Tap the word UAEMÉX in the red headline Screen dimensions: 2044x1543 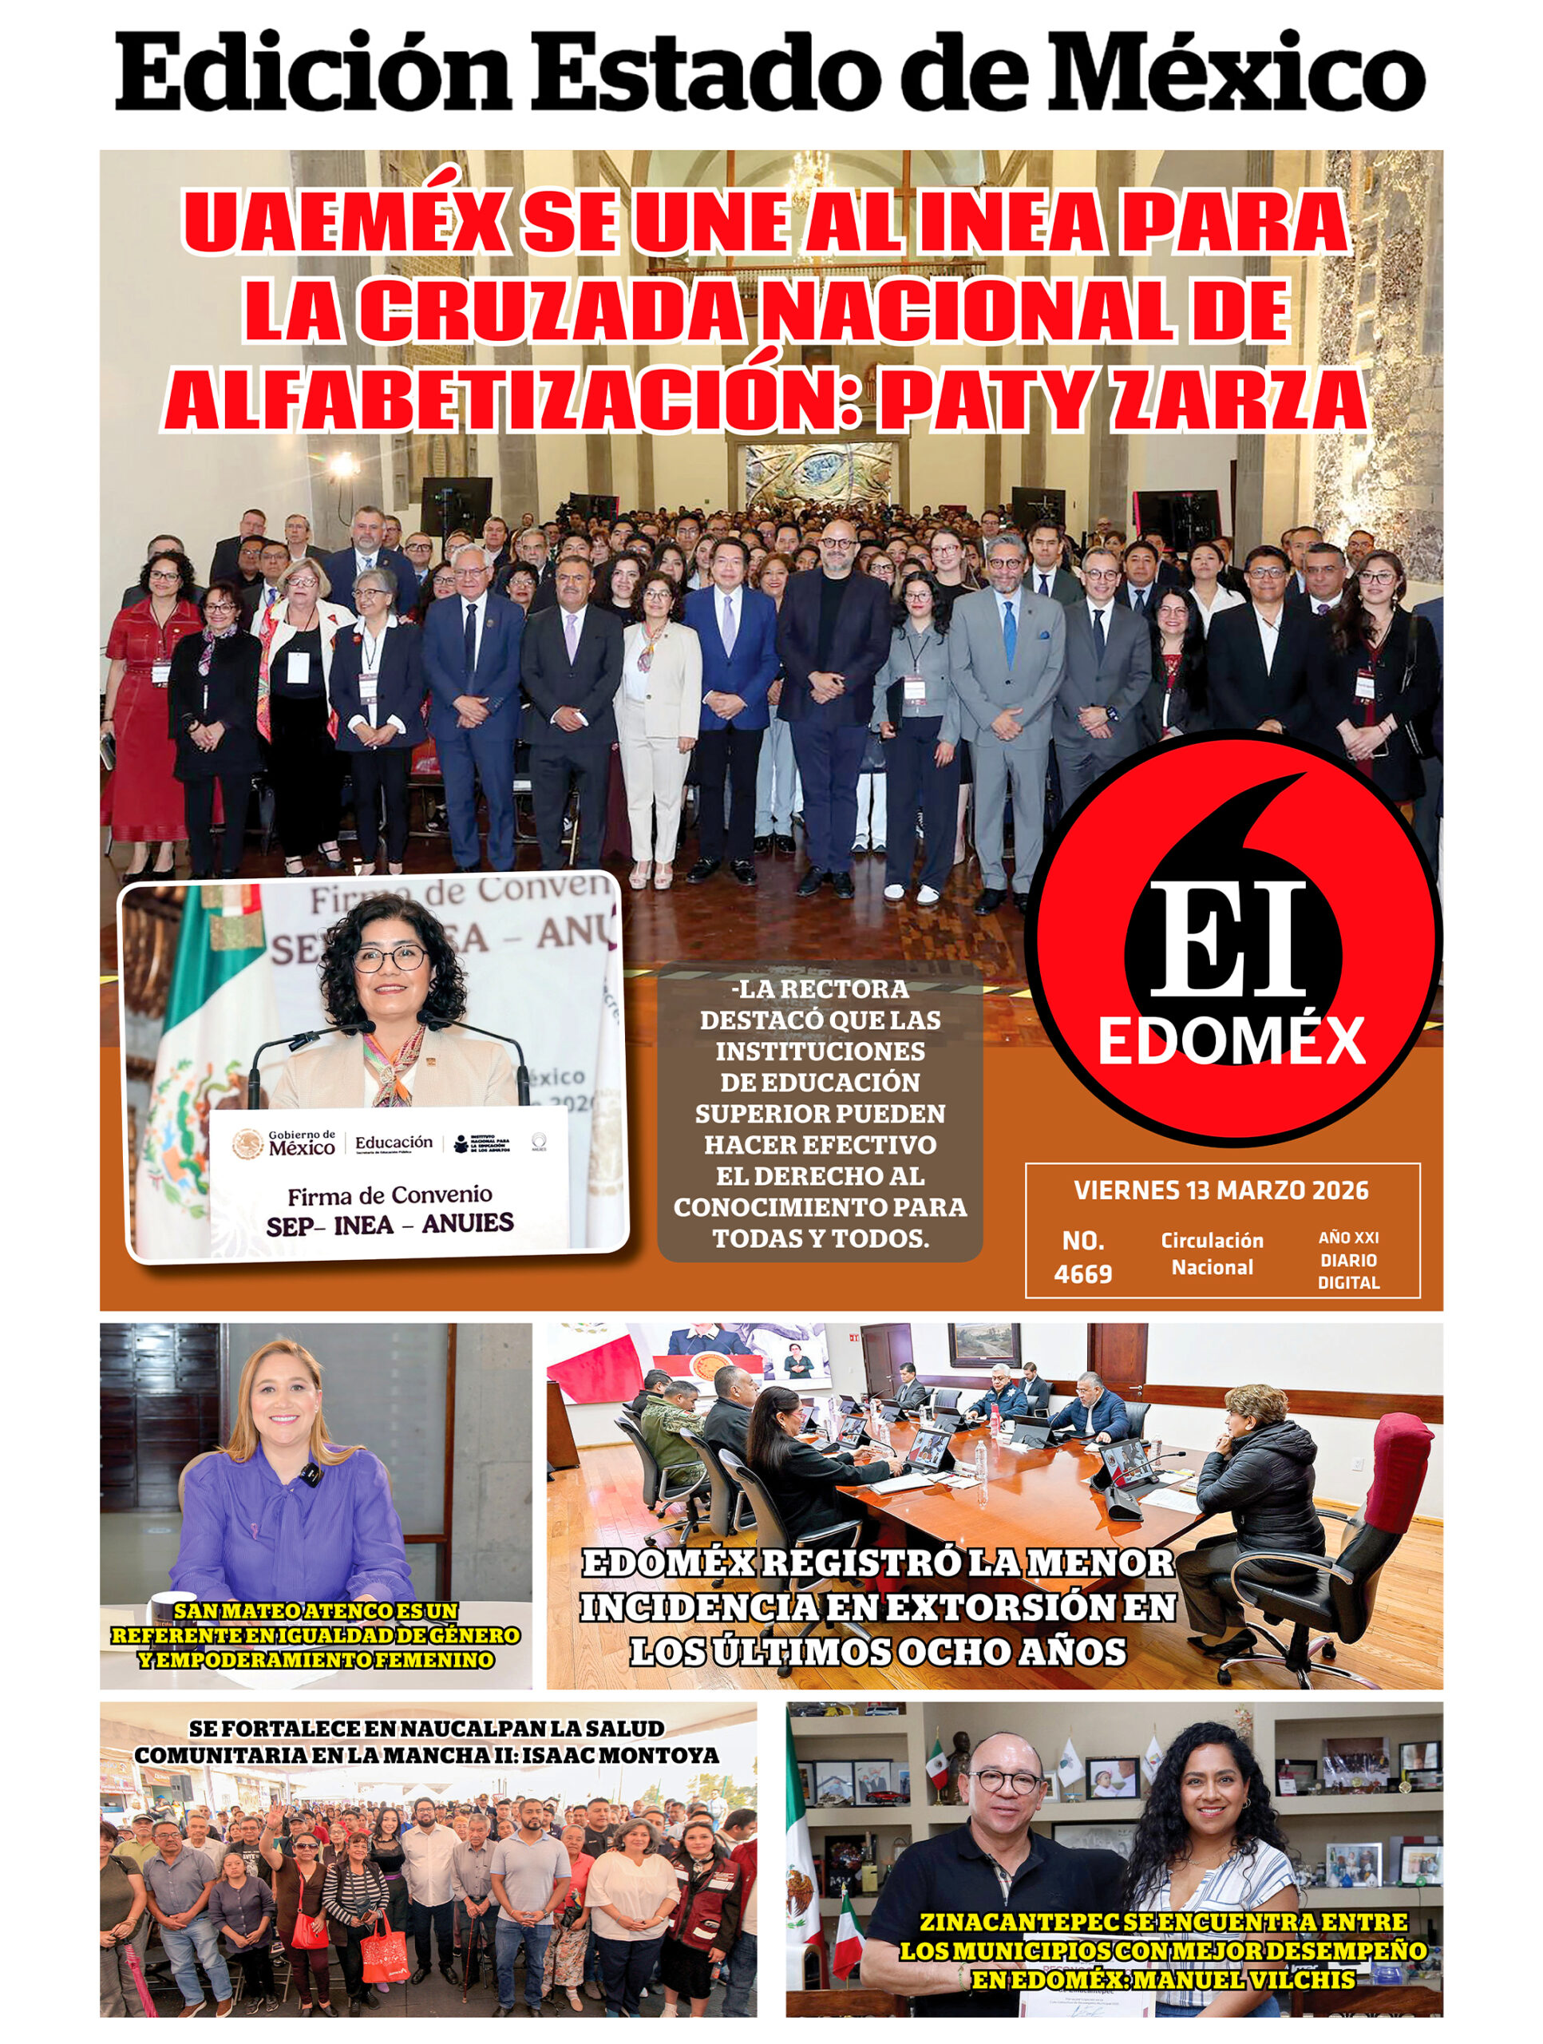(342, 224)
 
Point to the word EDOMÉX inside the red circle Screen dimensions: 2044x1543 (1231, 1041)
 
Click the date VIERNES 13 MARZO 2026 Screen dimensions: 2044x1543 (1221, 1190)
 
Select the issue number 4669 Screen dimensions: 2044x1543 (1083, 1274)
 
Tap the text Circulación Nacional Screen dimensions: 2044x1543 (1211, 1253)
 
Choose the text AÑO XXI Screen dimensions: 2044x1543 (1348, 1238)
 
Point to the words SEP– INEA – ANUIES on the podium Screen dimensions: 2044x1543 (389, 1226)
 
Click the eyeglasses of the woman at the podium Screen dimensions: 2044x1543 (388, 958)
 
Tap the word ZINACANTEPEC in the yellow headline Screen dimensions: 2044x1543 (1019, 1923)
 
